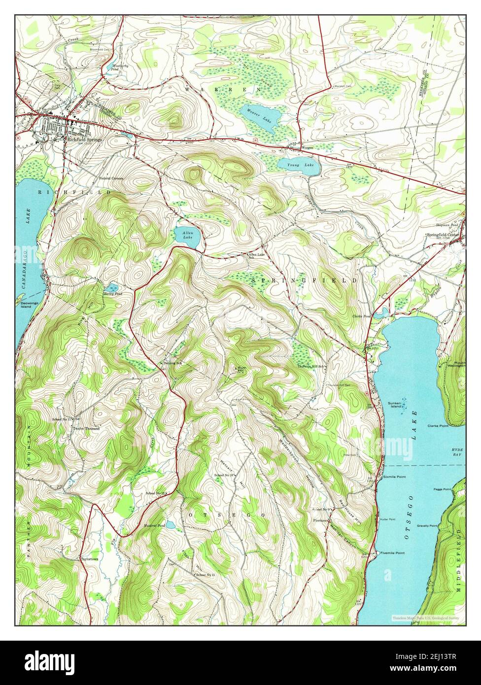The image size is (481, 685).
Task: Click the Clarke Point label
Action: click(x=438, y=425)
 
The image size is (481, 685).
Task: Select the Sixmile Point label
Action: click(x=394, y=477)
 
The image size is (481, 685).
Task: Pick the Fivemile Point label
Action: click(x=392, y=553)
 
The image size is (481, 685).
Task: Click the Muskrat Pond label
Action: click(x=154, y=526)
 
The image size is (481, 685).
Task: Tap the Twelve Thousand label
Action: click(x=86, y=429)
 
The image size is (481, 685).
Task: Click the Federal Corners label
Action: click(x=111, y=178)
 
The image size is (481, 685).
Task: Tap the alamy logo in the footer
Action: click(x=50, y=660)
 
